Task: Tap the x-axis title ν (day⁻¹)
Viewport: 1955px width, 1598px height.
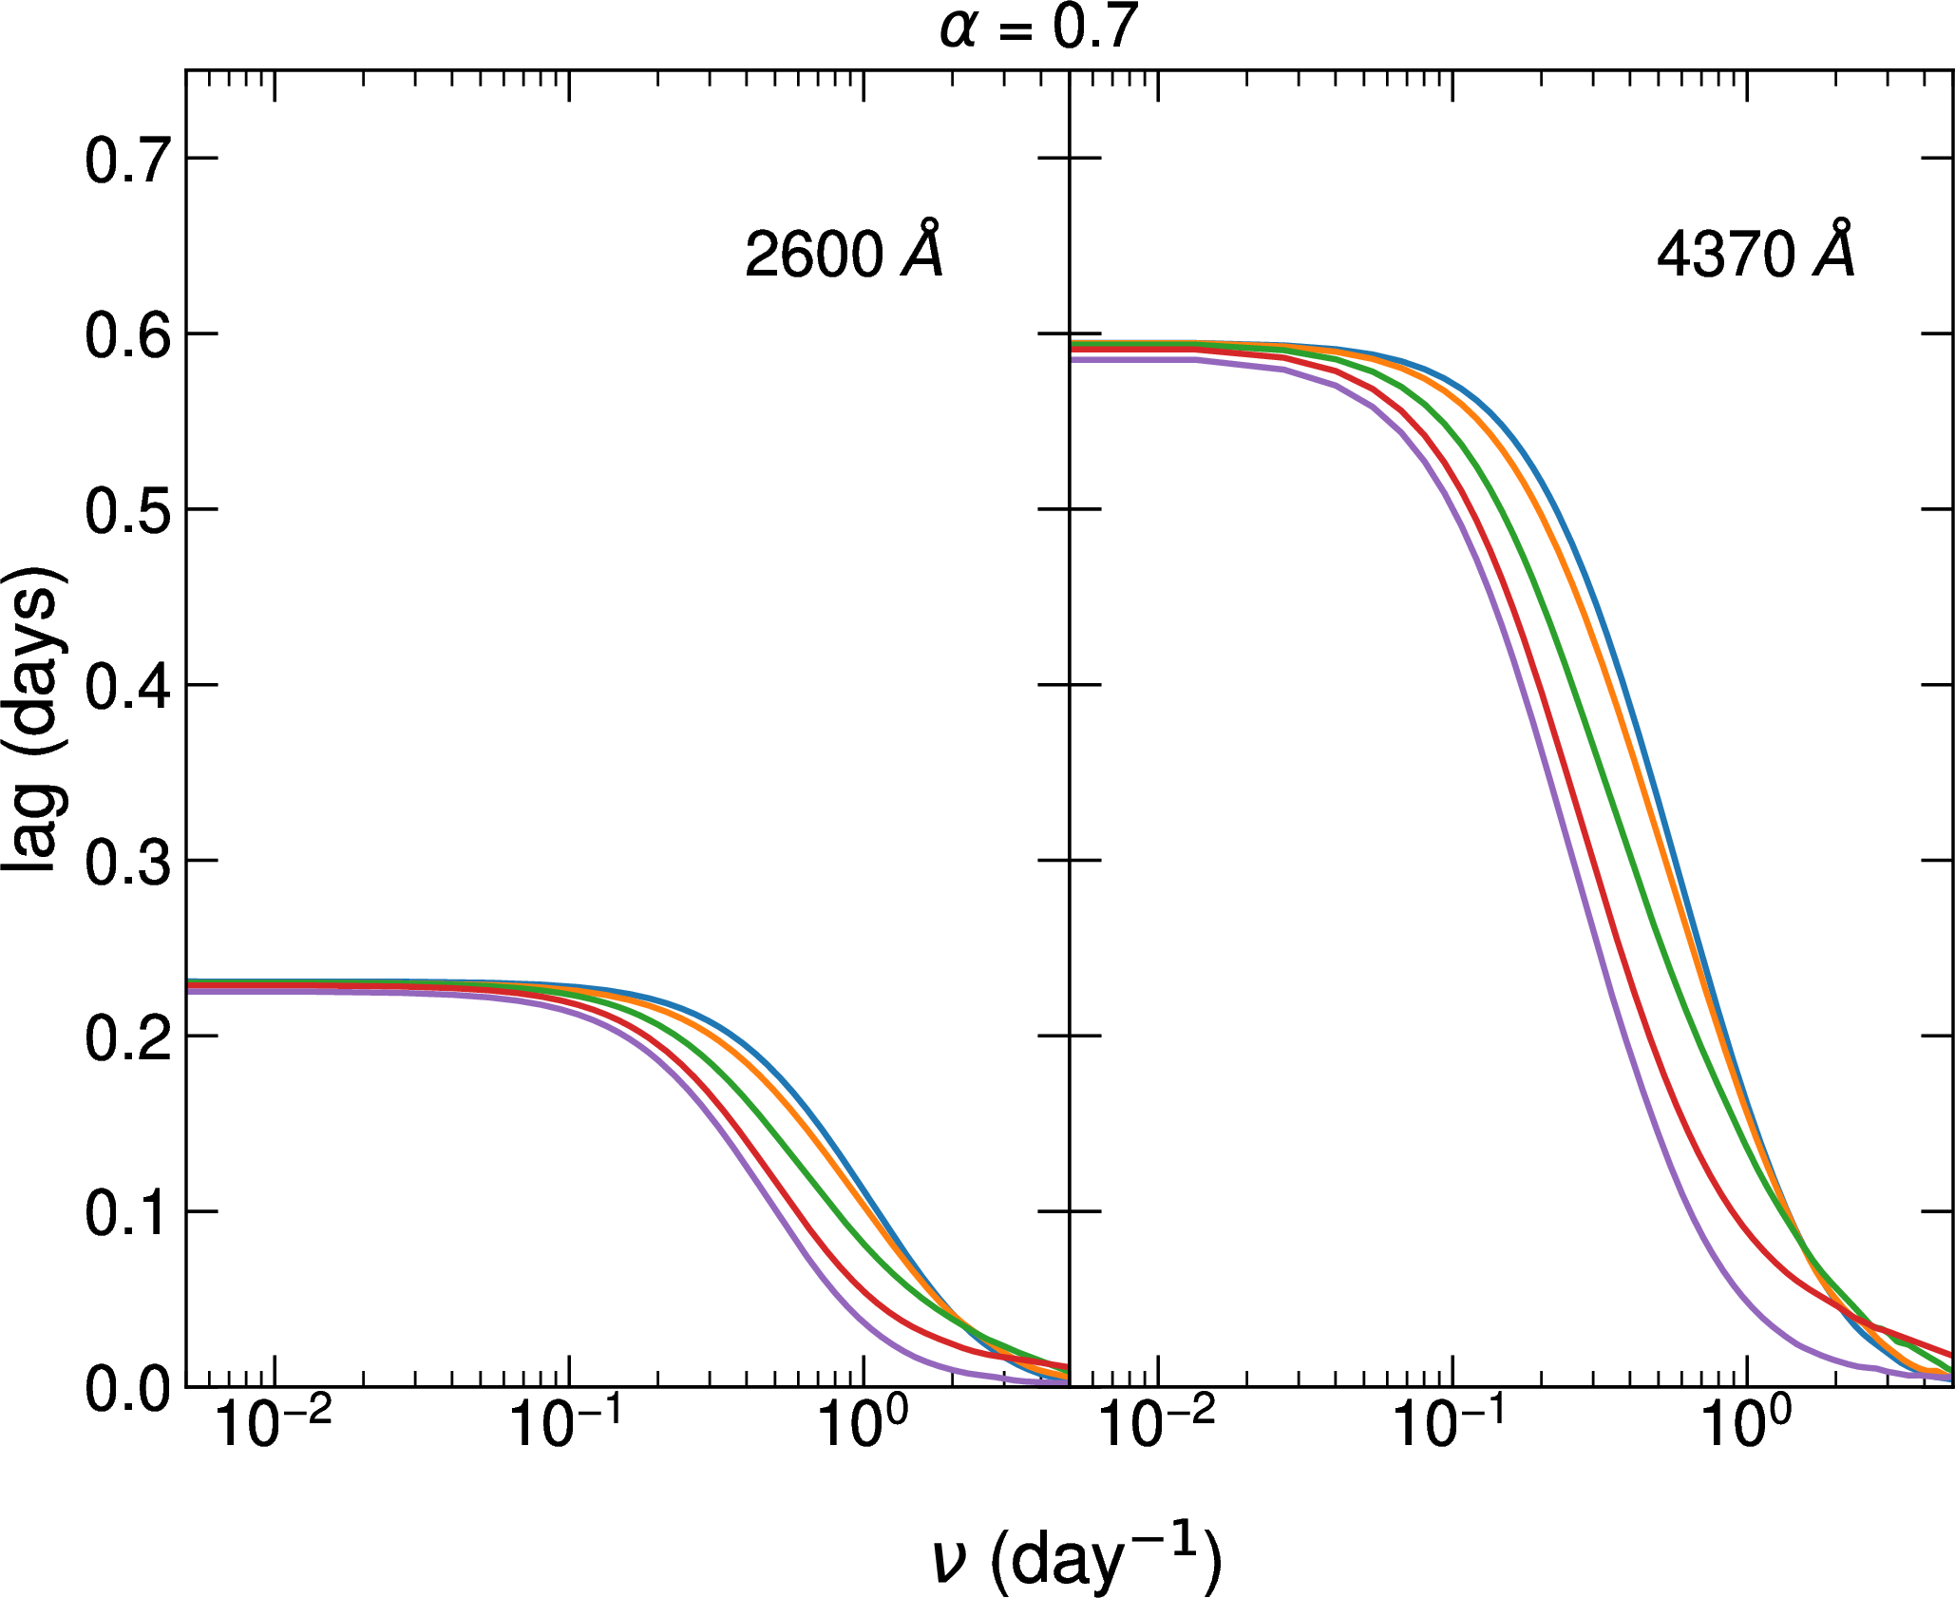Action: [x=1075, y=1560]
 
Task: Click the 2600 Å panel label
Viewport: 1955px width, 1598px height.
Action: [x=844, y=253]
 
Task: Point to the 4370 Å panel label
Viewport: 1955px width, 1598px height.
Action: [x=1756, y=253]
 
